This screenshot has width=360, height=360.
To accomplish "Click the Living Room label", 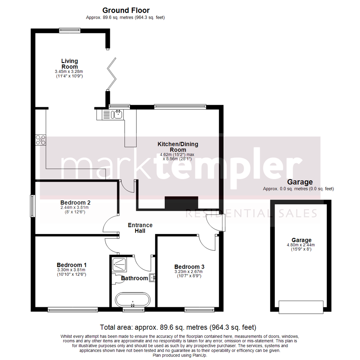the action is (70, 64).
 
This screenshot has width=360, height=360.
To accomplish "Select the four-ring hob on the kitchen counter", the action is (40, 140).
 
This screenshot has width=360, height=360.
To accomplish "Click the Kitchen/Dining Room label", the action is (178, 147).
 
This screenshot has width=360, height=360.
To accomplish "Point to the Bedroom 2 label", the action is (75, 203).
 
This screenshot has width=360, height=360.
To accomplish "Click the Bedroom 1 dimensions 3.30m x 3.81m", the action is (71, 270).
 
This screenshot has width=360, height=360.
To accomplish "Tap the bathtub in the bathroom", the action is (133, 300).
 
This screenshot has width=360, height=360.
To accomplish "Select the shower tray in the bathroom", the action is (119, 265).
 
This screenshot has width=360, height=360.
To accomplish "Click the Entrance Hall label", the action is (140, 228).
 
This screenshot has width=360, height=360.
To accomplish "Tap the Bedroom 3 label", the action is (189, 267).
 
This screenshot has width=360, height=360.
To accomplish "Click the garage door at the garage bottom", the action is (301, 307).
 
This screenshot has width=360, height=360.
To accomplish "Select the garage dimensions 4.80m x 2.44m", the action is (301, 245).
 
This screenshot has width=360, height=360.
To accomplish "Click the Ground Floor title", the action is (126, 10).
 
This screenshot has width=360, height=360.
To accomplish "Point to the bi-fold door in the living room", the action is (112, 74).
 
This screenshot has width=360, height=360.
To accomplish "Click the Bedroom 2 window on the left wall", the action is (33, 206).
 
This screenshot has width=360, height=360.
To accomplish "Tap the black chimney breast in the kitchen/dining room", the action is (181, 203).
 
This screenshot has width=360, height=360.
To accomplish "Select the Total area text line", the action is (178, 327).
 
